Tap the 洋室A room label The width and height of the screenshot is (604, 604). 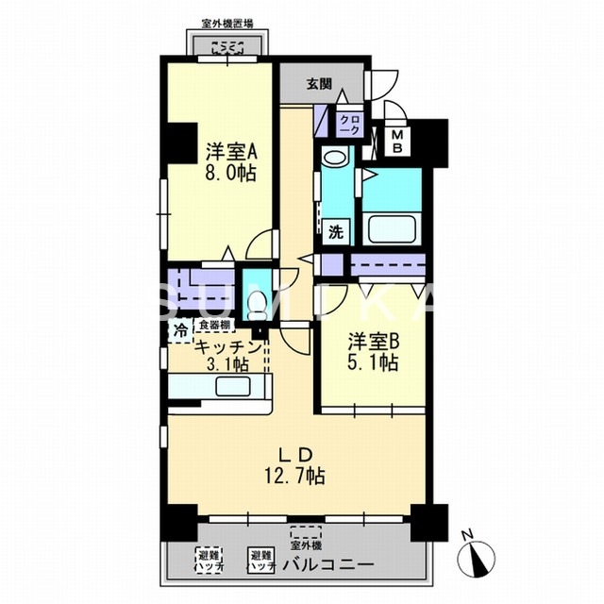(x=226, y=150)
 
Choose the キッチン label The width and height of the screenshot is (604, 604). (x=227, y=345)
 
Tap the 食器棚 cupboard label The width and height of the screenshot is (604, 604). (x=213, y=326)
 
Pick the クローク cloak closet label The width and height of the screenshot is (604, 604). (x=349, y=125)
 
